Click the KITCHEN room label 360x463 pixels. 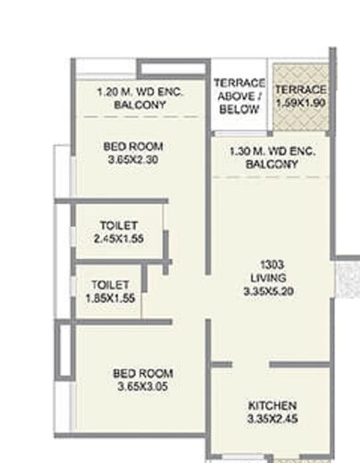(x=272, y=406)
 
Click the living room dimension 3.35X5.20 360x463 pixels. (x=272, y=291)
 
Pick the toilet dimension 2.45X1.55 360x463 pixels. (x=119, y=239)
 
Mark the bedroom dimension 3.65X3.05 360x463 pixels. (x=143, y=388)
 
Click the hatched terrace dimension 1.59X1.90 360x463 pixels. (x=300, y=103)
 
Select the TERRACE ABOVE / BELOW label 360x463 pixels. (x=240, y=96)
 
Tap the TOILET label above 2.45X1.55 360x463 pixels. (x=119, y=225)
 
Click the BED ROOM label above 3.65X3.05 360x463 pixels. (x=143, y=374)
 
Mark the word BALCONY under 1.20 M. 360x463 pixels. (x=140, y=106)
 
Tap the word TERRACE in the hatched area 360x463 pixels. (x=300, y=89)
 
